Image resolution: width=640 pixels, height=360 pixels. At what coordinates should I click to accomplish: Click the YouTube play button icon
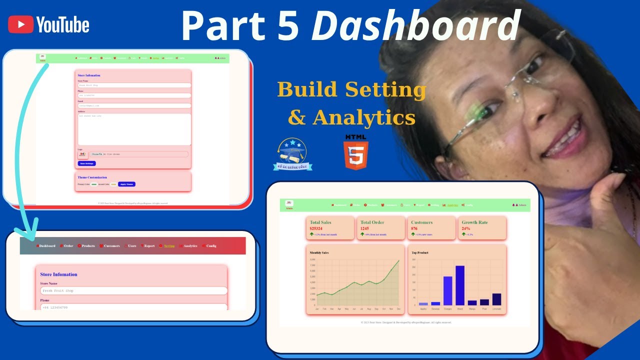coord(21,24)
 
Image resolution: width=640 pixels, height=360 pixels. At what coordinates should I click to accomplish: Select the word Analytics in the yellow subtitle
coord(364,118)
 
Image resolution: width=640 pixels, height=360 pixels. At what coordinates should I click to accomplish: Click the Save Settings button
coord(86,163)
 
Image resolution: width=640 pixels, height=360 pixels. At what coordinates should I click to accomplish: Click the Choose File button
coord(97,154)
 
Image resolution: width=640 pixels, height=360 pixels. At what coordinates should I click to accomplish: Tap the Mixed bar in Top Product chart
coord(459,285)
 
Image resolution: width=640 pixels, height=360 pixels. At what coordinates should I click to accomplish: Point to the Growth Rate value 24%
coord(465,228)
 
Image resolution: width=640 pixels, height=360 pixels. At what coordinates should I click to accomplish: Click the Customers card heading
coord(421,222)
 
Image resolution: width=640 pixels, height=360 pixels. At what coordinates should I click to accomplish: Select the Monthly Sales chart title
coord(319,252)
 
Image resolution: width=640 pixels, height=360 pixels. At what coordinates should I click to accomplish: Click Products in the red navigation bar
coord(88,246)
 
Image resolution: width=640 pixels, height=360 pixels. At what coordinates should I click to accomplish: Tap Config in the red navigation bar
coord(211,246)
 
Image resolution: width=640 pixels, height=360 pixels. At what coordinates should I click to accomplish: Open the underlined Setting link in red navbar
coord(169,246)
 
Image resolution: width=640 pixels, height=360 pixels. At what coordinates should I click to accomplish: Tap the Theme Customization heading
coord(92,177)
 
